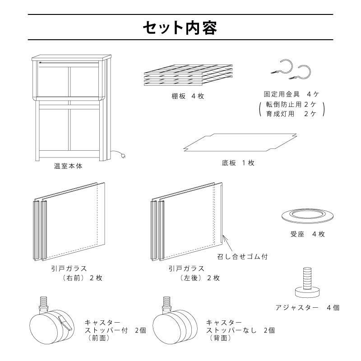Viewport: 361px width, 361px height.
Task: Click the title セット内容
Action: [180, 28]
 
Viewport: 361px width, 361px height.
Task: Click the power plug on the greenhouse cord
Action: [122, 156]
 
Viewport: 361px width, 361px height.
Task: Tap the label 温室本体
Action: [68, 166]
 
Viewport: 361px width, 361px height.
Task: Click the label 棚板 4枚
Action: [185, 96]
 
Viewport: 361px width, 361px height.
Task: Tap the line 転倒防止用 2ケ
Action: [292, 105]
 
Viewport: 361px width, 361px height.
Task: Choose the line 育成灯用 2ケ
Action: [292, 114]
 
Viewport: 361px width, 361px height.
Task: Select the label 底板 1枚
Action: [238, 163]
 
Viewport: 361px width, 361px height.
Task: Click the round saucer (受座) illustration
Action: [305, 215]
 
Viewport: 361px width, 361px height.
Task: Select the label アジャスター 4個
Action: [307, 308]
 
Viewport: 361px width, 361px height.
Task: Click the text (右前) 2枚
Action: [82, 278]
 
